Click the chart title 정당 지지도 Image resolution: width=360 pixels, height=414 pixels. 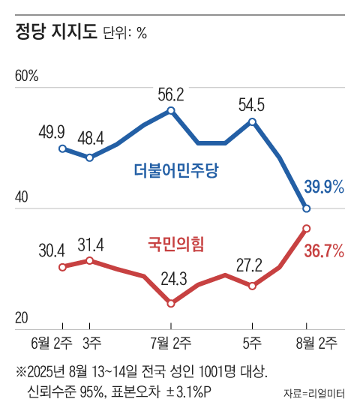tap(56, 32)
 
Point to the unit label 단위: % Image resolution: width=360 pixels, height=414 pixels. tap(124, 34)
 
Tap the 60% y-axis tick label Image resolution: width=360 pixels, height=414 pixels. tap(26, 76)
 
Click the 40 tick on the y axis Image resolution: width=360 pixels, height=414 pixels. tap(22, 198)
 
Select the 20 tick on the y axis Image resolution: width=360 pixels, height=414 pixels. tap(22, 318)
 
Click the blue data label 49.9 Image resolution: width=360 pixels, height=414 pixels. tap(51, 133)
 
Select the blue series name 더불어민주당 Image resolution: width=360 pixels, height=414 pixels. tap(175, 169)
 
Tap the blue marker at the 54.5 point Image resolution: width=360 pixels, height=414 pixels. tap(253, 122)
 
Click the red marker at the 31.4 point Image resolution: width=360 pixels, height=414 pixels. tap(90, 260)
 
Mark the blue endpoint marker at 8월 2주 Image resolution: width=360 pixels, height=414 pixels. tap(307, 208)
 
